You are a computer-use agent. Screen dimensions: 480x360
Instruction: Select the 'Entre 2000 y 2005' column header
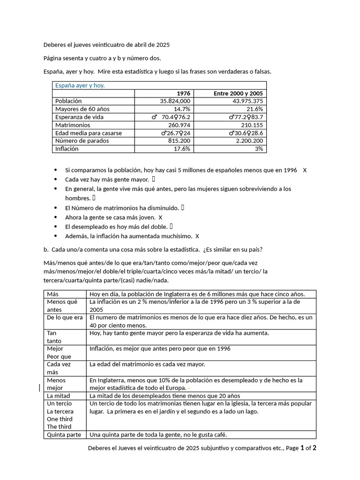point(238,93)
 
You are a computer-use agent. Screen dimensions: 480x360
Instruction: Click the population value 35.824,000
point(175,101)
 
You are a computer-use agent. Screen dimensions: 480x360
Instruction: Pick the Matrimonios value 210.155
point(251,125)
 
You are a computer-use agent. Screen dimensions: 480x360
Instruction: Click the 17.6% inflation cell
point(182,149)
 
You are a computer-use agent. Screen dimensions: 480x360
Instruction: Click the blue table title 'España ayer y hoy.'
point(80,85)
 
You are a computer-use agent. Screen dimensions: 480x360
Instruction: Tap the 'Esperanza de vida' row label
point(79,117)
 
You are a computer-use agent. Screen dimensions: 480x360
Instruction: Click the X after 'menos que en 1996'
point(305,170)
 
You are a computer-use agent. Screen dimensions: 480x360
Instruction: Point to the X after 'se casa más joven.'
point(160,217)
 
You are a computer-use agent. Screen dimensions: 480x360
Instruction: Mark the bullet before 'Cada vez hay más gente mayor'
point(56,180)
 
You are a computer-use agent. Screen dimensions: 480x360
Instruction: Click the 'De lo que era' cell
point(65,318)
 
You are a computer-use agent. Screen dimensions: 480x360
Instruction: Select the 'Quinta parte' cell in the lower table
point(64,435)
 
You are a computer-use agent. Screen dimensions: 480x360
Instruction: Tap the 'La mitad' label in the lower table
point(59,396)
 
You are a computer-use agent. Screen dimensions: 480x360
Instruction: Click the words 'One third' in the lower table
point(60,419)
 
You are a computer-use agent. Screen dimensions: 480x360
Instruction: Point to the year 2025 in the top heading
point(162,45)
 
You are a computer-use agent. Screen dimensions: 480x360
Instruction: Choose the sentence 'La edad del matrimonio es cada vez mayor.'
point(147,364)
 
